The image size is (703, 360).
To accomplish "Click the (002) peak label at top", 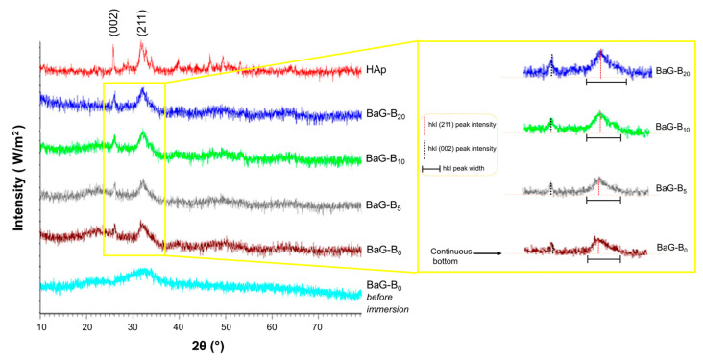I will (113, 29).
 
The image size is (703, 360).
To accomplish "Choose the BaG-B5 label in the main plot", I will (384, 204).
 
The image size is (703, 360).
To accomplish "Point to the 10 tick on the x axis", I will (41, 327).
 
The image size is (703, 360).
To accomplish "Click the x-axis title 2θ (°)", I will (201, 347).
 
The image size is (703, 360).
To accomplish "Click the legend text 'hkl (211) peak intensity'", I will (461, 125).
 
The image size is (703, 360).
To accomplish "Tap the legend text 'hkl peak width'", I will (463, 169).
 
